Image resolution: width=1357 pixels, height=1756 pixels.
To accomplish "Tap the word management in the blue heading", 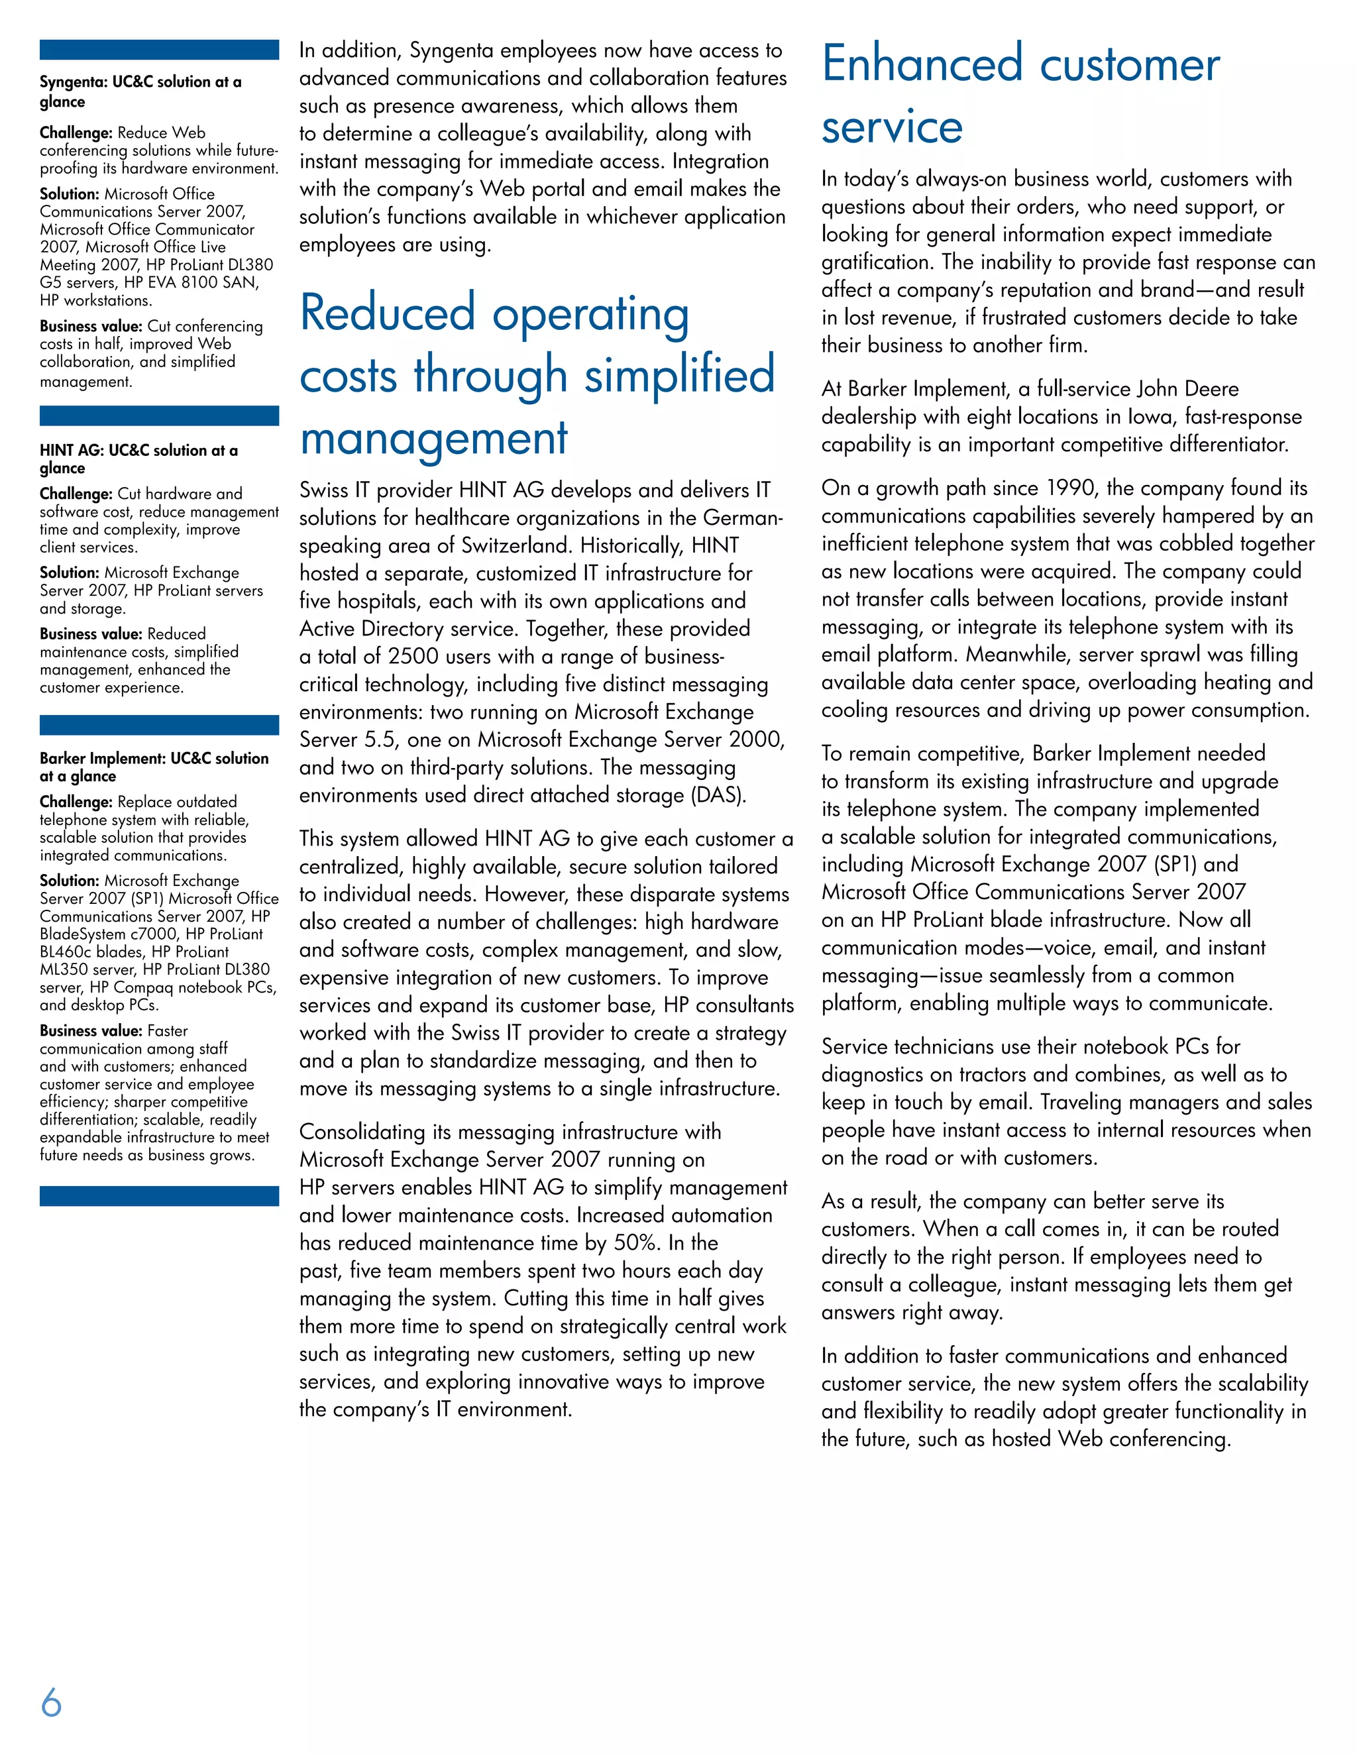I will tap(433, 439).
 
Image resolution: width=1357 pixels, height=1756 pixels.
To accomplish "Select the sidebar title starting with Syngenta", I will tap(140, 91).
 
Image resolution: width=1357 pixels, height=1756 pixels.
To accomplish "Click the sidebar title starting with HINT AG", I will tap(138, 459).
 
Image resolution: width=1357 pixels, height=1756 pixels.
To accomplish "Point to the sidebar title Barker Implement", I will tap(154, 766).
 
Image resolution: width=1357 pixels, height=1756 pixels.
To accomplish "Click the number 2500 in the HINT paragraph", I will tap(414, 657).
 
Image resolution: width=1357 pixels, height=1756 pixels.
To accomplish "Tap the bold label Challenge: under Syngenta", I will tap(76, 133).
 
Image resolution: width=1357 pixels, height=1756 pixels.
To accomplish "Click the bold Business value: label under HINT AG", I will tap(91, 633).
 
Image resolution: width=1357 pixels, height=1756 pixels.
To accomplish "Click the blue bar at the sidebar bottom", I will tap(159, 1195).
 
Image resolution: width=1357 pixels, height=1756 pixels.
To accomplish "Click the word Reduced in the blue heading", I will tap(387, 313).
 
